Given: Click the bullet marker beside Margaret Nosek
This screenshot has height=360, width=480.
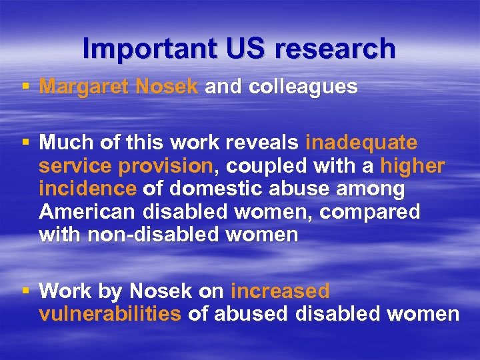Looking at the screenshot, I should coord(25,87).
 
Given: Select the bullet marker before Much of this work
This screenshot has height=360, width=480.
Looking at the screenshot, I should coord(25,143).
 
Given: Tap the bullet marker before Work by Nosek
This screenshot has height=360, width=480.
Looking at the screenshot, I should coord(25,291).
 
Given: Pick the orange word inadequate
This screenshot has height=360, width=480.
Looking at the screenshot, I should coord(361,143).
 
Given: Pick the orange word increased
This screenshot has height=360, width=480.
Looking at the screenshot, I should coord(280,291).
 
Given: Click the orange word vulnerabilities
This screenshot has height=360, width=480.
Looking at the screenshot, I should coord(110,315).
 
